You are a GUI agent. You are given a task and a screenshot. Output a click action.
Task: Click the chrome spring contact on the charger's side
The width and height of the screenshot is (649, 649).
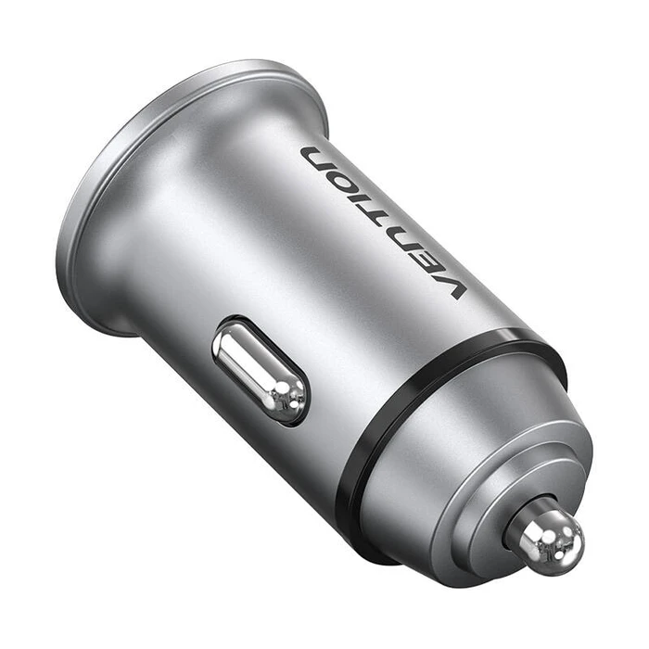(x=259, y=370)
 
